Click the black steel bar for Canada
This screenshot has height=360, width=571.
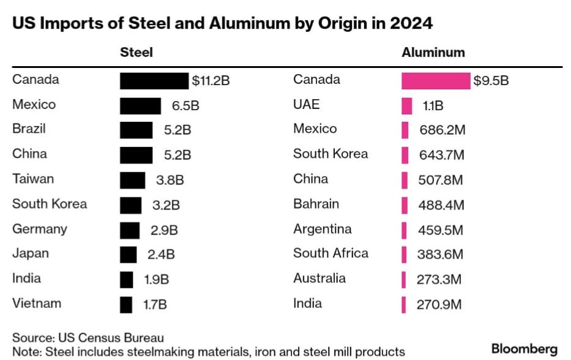(154, 81)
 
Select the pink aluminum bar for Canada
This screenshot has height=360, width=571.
(435, 81)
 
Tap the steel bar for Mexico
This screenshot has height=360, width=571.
(140, 106)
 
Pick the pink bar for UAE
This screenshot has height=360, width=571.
(406, 106)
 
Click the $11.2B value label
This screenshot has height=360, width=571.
(211, 81)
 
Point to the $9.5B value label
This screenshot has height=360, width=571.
(491, 81)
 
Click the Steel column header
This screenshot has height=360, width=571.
(136, 53)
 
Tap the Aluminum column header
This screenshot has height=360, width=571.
(433, 53)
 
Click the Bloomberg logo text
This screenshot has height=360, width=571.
(524, 349)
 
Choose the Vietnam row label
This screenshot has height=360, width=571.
(37, 303)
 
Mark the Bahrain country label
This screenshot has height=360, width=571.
(316, 203)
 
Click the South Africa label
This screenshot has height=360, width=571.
(330, 253)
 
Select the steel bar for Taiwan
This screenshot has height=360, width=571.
(132, 180)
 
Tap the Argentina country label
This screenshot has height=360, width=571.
(322, 228)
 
